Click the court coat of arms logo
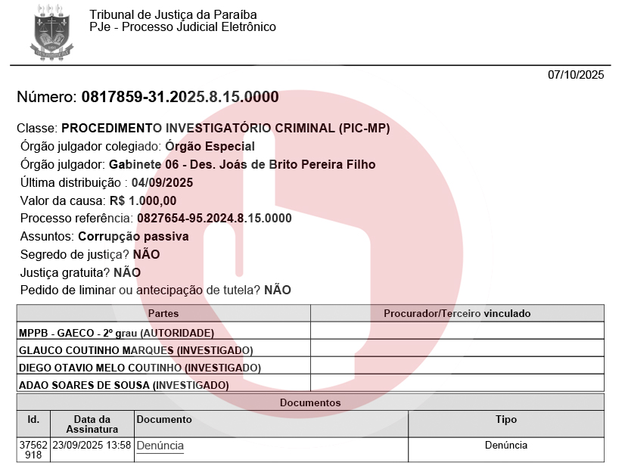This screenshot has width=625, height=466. [x=52, y=33]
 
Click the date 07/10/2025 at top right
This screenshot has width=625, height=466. [x=576, y=75]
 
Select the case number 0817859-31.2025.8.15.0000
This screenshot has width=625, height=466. [x=179, y=98]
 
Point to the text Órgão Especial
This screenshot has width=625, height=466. [x=210, y=147]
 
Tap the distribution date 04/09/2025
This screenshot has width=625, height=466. [x=163, y=183]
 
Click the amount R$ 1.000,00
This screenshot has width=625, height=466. [x=143, y=201]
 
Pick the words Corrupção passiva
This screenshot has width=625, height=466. [x=133, y=237]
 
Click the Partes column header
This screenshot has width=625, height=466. [x=163, y=313]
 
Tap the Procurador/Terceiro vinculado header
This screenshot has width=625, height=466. [x=457, y=313]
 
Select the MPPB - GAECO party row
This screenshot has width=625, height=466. [x=117, y=333]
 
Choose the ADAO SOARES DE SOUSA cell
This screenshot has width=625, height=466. [x=123, y=385]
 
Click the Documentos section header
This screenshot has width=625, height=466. [x=310, y=403]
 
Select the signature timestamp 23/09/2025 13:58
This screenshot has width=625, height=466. [x=92, y=446]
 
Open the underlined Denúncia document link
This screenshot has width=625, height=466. [x=160, y=446]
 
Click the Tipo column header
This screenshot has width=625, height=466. [x=506, y=420]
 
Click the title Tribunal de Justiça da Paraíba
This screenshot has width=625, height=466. [x=173, y=15]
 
